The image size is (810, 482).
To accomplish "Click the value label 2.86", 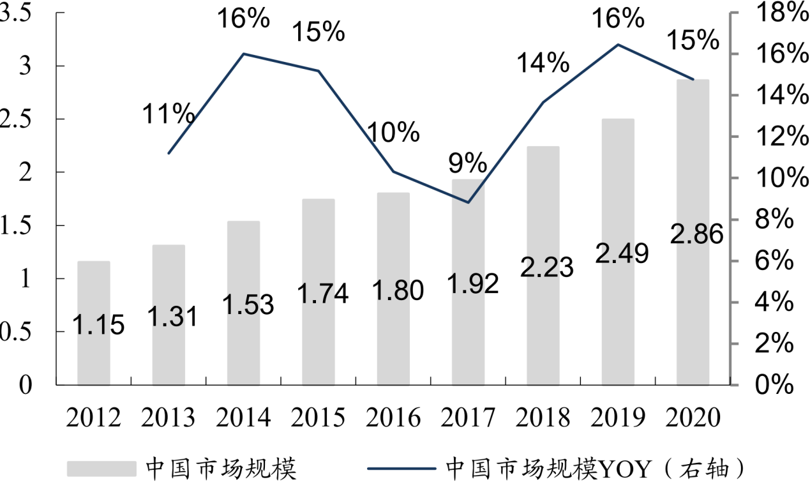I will coord(697,235).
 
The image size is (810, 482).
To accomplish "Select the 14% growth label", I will coord(543,63).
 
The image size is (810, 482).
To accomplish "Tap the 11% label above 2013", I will coord(168,115).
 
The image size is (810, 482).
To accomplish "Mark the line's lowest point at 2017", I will coord(469,202).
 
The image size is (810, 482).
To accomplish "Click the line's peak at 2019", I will coord(618,45).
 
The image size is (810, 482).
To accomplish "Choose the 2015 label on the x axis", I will coord(319,419).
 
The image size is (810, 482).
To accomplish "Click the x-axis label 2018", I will coord(543,419).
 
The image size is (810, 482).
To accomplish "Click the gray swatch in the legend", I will coord(102,468).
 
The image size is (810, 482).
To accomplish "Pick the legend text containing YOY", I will coord(594,468).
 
